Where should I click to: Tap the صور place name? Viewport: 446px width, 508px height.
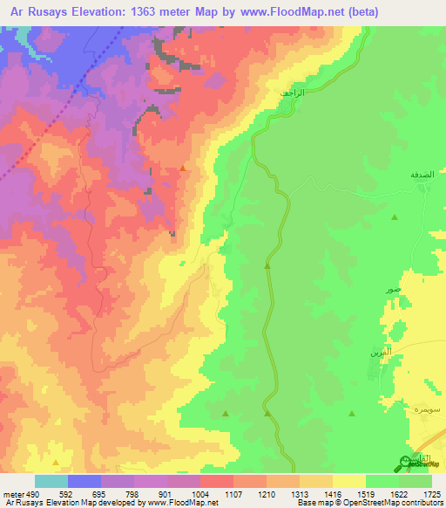[x=394, y=288]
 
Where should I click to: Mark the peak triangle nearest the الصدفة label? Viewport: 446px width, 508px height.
[x=395, y=216]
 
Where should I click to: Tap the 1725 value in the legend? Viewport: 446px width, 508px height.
[x=432, y=494]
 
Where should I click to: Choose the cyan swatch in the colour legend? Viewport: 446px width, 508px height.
[x=51, y=481]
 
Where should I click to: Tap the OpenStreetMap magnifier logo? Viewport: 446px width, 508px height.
[x=406, y=463]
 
